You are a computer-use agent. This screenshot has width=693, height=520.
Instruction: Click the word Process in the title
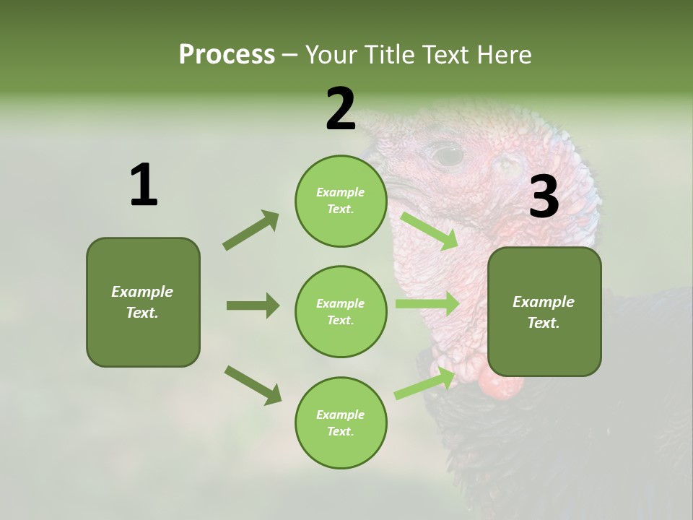[x=227, y=54]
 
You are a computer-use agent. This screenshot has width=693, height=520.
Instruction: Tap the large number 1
[x=144, y=186]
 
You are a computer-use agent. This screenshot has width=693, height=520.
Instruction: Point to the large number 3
[x=544, y=198]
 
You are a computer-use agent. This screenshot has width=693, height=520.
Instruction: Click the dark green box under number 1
[x=143, y=302]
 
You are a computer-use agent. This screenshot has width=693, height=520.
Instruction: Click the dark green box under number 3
[x=544, y=312]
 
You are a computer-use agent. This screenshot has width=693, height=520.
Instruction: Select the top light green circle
[x=341, y=201]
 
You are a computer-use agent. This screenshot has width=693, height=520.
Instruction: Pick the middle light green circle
[x=341, y=312]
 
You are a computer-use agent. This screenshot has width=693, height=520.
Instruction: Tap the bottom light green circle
[x=341, y=423]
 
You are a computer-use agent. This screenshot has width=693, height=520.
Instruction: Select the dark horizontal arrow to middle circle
[x=253, y=305]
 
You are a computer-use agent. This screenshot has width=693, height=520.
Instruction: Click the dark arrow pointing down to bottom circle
[x=253, y=385]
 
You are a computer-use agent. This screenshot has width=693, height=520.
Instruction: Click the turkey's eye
[x=447, y=154]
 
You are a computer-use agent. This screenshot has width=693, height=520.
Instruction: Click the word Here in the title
[x=505, y=54]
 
